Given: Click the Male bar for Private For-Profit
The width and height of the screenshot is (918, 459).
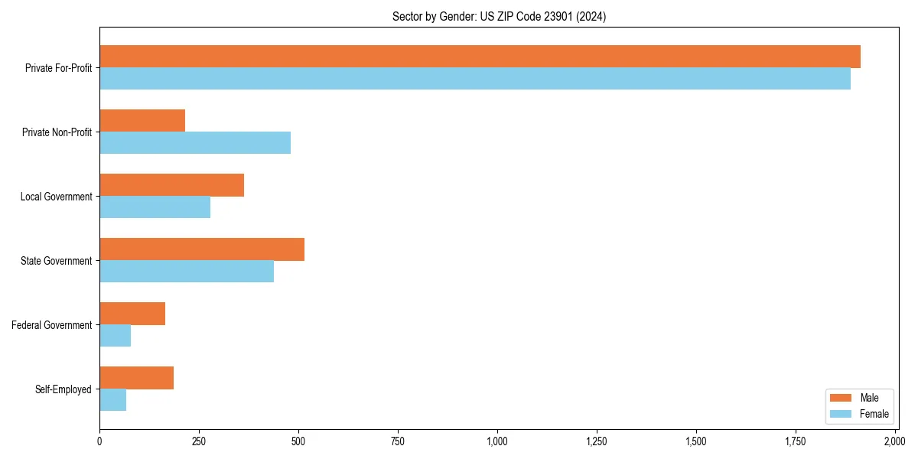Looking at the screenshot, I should click(480, 57).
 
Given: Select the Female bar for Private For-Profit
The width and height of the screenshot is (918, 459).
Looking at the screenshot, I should click(475, 79).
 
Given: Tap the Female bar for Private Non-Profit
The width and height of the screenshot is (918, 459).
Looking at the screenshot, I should click(195, 143).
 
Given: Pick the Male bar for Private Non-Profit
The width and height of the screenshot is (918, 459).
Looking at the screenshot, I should click(142, 121).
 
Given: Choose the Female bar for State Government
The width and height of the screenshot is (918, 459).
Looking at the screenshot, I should click(187, 272).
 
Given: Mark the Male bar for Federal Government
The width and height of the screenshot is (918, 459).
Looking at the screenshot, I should click(132, 314).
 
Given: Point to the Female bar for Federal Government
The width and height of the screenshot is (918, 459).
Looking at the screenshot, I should click(115, 336).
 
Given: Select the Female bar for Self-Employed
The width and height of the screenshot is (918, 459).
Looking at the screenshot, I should click(112, 400).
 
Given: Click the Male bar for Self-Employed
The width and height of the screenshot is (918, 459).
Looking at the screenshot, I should click(136, 378).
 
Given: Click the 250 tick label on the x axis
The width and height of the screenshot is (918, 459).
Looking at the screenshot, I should click(199, 441).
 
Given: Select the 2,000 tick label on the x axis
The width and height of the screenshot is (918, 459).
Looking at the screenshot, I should click(895, 441).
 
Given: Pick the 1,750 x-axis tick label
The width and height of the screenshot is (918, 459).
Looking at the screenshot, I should click(796, 441).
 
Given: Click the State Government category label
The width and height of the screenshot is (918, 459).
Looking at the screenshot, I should click(56, 261).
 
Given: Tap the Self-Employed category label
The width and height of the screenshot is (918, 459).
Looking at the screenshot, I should click(63, 389).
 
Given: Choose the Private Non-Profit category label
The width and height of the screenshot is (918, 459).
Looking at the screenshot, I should click(57, 132).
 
